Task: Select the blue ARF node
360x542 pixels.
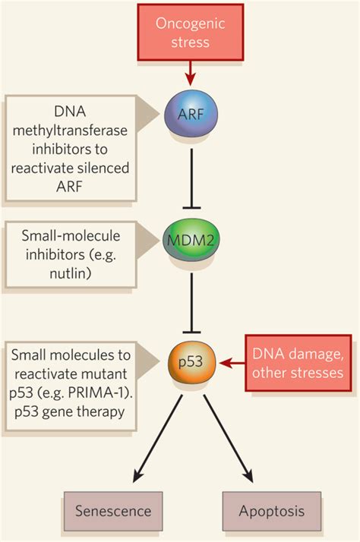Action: point(191,115)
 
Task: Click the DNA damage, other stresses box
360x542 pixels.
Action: point(298,363)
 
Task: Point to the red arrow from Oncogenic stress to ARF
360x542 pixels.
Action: point(191,73)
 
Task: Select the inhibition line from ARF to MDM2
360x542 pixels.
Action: point(191,178)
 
